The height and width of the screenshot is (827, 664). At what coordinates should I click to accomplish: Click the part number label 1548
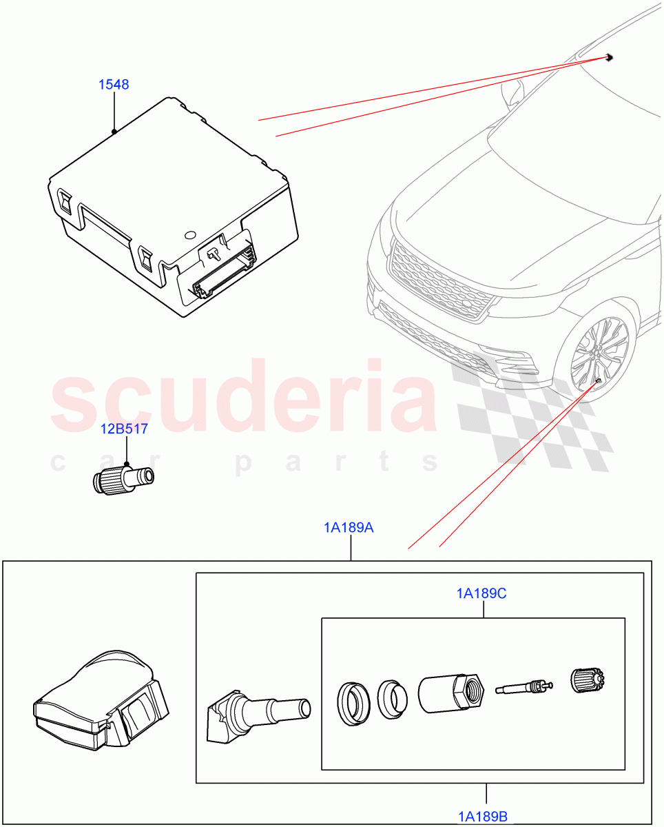(113, 85)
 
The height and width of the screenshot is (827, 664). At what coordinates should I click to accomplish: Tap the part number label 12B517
(124, 429)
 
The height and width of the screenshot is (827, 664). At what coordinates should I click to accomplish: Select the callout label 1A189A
(349, 528)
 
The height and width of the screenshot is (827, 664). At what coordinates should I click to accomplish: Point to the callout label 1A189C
(481, 593)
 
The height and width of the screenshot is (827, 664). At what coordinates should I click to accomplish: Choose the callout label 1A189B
(484, 817)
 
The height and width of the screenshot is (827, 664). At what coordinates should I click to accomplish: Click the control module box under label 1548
(172, 207)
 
